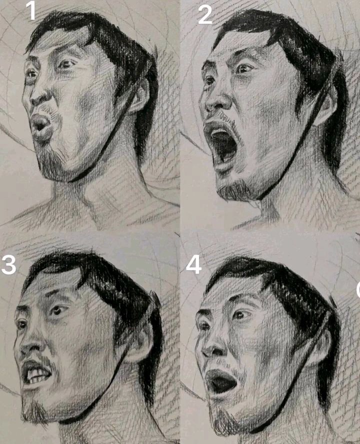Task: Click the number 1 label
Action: (31, 11)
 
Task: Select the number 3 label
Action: (8, 265)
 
